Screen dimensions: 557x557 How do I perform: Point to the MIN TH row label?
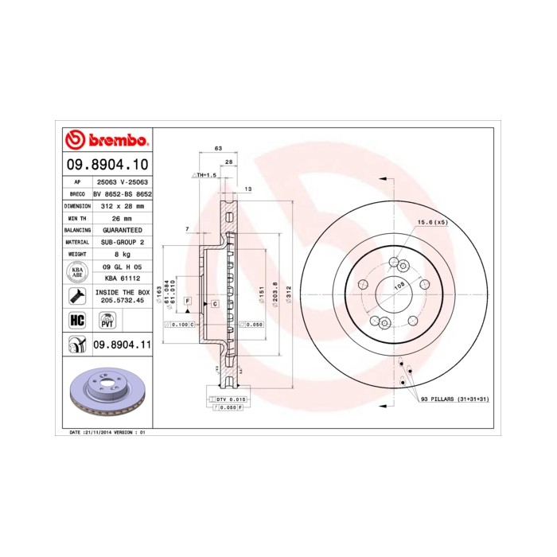tap(78, 217)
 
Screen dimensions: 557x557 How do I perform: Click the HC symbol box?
tap(78, 320)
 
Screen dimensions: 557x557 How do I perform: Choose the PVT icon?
tap(106, 320)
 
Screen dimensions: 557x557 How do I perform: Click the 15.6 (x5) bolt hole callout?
tap(432, 223)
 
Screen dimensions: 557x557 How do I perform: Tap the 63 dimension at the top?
tap(218, 149)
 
